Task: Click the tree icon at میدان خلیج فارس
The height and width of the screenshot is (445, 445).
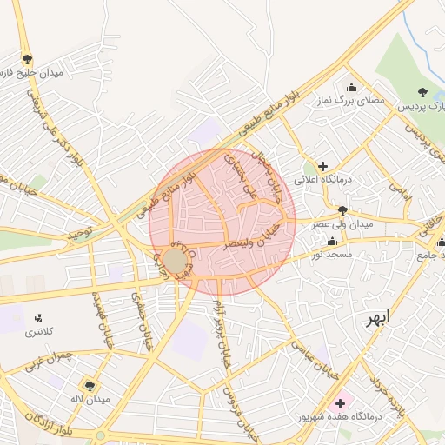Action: [x=27, y=59]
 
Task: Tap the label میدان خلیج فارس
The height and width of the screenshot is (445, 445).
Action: [x=34, y=74]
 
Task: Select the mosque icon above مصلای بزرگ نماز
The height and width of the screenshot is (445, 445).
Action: [x=351, y=87]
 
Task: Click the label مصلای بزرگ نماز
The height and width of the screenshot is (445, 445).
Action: [x=351, y=102]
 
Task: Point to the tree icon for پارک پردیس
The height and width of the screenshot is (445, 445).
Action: [x=423, y=91]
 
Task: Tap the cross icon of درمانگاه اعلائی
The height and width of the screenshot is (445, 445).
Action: [x=322, y=165]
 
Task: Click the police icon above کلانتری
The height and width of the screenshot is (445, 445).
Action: [x=37, y=319]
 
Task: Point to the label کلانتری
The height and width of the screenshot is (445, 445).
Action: [x=38, y=333]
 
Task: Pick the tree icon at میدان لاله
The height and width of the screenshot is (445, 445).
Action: [x=89, y=385]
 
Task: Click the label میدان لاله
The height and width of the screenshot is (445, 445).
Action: [x=90, y=399]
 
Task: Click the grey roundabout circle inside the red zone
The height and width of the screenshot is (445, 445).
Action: [x=175, y=261]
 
